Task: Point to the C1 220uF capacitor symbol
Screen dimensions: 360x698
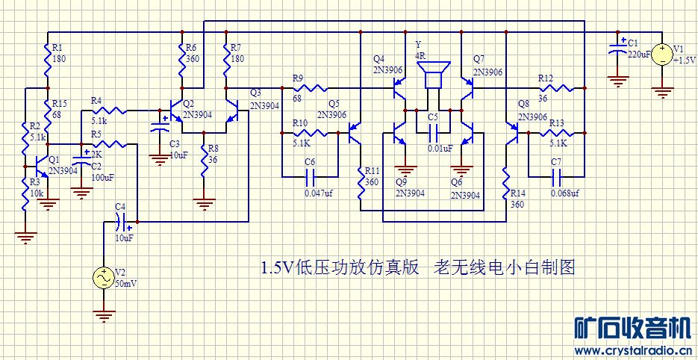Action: click(x=617, y=50)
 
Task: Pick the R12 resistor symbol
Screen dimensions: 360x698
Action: click(x=560, y=88)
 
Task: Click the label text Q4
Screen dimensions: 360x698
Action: click(x=379, y=59)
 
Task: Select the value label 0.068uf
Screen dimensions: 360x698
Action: click(x=566, y=193)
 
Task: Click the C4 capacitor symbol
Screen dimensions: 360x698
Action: click(x=123, y=221)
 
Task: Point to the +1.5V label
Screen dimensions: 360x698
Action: click(x=685, y=60)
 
